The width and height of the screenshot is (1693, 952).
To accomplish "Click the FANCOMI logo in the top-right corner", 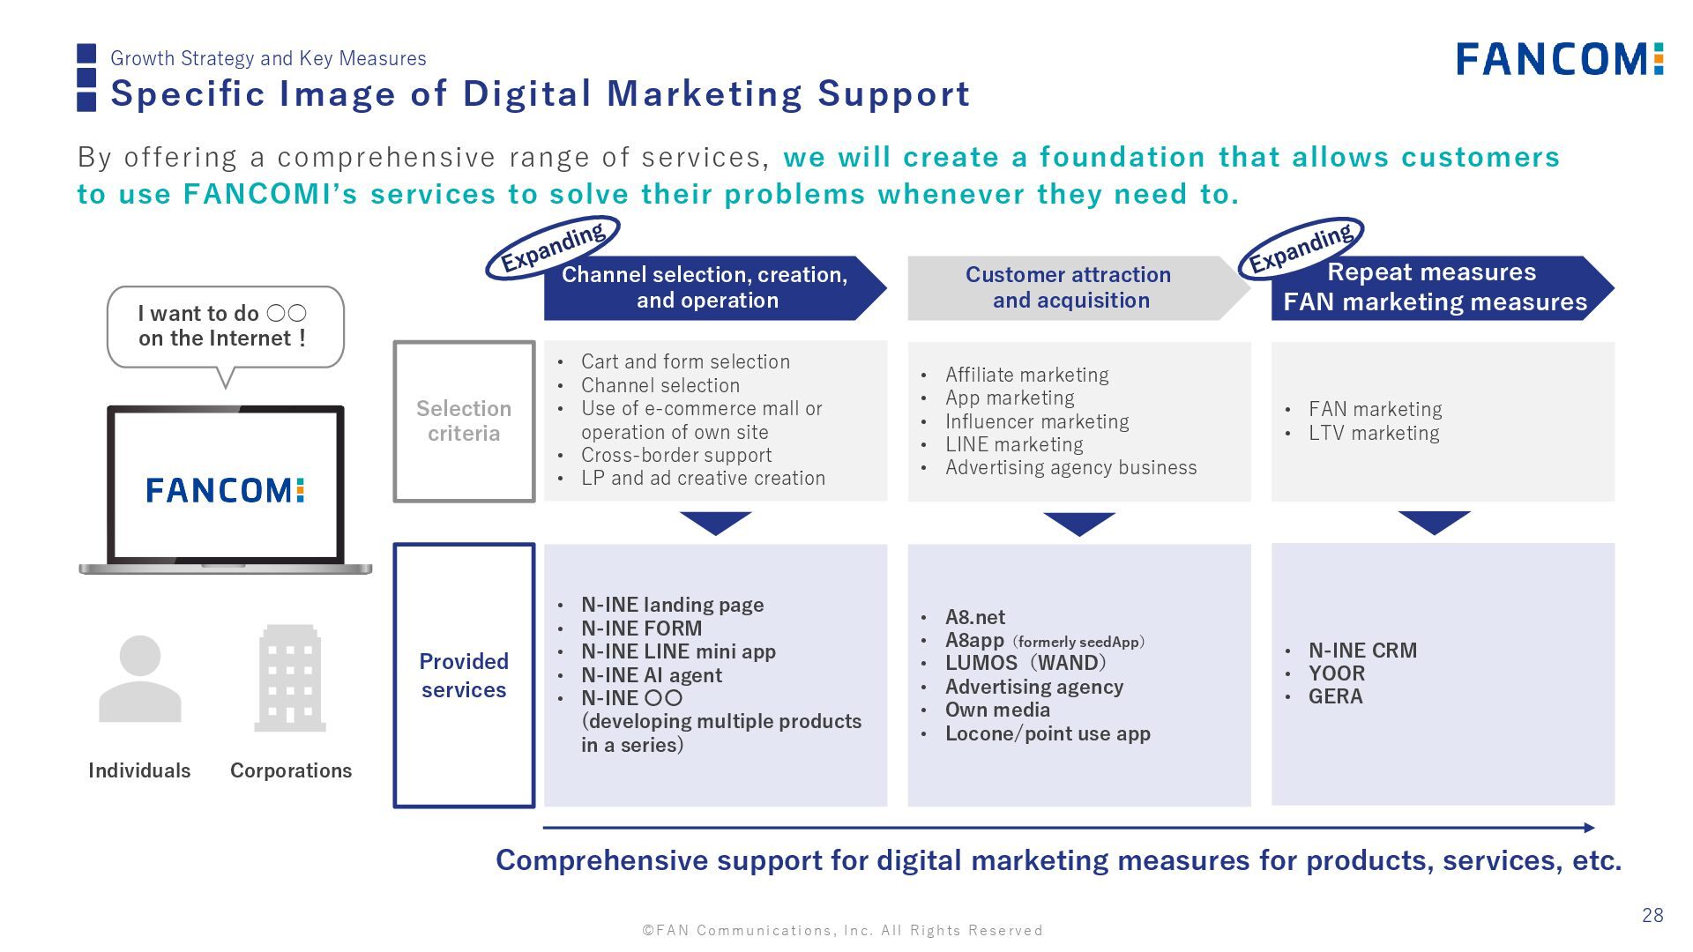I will point(1559,59).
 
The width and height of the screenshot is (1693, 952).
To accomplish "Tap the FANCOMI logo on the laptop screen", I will point(225,490).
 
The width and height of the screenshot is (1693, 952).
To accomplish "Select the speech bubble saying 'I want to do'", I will point(225,326).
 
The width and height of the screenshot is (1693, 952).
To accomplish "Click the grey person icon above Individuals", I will point(139,679).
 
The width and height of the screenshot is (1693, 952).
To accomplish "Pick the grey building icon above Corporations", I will point(290,679).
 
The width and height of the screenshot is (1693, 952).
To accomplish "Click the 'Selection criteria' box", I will point(464,421).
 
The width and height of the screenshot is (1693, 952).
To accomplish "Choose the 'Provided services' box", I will point(464,675).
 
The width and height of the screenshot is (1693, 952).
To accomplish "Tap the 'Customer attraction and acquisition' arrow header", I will point(1070,287).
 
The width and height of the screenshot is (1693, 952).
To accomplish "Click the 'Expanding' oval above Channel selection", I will point(553,248).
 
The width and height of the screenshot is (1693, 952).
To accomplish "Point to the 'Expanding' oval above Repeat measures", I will point(1301,248).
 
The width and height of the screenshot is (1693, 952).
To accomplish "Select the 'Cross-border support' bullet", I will point(675,455).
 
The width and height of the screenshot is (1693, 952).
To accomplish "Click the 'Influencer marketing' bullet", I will point(1036,421).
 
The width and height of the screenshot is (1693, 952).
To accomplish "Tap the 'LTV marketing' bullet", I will point(1373,433).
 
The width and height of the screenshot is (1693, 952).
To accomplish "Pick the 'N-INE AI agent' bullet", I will point(651,675).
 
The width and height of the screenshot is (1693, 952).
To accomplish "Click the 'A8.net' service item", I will point(974,617).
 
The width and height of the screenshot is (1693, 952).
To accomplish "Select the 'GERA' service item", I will point(1335,696).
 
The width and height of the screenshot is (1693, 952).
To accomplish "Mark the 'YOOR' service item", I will point(1336,673).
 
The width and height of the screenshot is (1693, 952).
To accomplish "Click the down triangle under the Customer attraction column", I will point(1079,523).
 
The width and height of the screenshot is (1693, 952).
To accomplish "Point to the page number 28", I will point(1652,915).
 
